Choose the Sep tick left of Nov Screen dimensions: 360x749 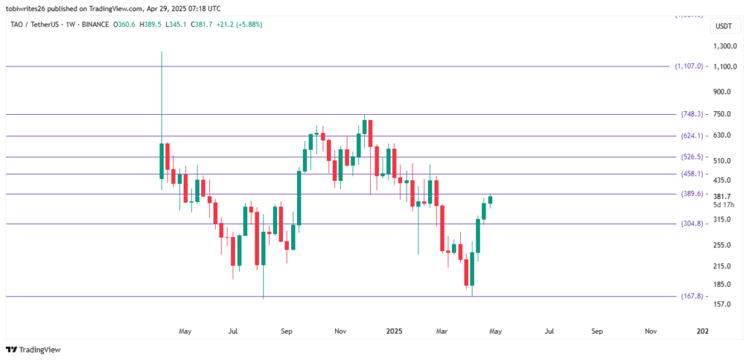point(286,331)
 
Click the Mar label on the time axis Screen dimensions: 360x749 point(442,331)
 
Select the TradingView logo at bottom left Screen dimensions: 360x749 point(35,349)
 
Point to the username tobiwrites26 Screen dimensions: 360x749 point(32,7)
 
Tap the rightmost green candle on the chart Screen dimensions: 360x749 point(490,200)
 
